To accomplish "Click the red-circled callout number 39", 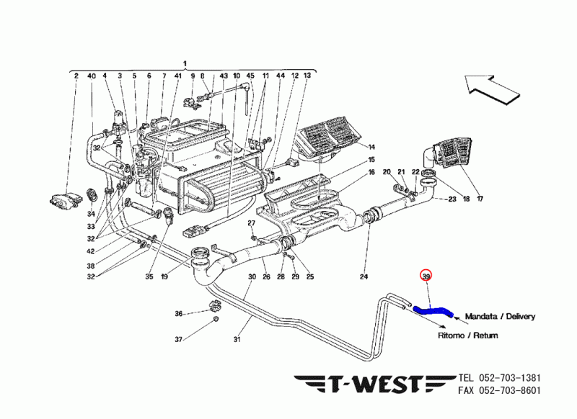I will tap(426, 276).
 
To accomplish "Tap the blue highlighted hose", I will tap(433, 311).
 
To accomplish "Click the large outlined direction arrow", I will tap(493, 86).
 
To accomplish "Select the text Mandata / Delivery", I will tap(500, 316).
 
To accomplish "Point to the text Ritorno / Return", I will tap(469, 335).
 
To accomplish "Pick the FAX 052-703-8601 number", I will tap(499, 391).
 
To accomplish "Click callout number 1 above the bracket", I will tap(185, 64).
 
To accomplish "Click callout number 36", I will tap(179, 313).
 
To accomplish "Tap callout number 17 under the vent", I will tap(480, 199).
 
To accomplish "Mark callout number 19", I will tap(164, 276).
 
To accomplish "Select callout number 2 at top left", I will tap(76, 76).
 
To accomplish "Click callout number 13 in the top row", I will tap(307, 76).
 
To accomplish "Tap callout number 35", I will tap(149, 276).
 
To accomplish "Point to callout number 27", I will tap(252, 224).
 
